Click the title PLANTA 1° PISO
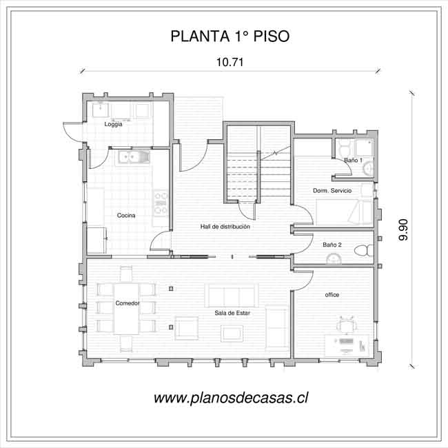coord(230,37)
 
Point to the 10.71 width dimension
coord(230,62)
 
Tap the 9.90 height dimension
coord(403,230)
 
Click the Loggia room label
coord(113,124)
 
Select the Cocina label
coord(126,216)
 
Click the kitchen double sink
coord(132,157)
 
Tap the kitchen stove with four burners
coord(161,203)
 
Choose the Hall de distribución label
coord(225,227)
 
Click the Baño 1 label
coord(353,161)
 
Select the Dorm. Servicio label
coord(332,190)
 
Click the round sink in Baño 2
coord(334,259)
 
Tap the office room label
coord(332,294)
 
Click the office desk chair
coord(347,325)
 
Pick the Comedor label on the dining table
coord(128,303)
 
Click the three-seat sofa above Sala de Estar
coord(232,296)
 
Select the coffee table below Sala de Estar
coord(232,334)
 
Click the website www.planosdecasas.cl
coord(231,398)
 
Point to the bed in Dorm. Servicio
coord(345,212)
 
